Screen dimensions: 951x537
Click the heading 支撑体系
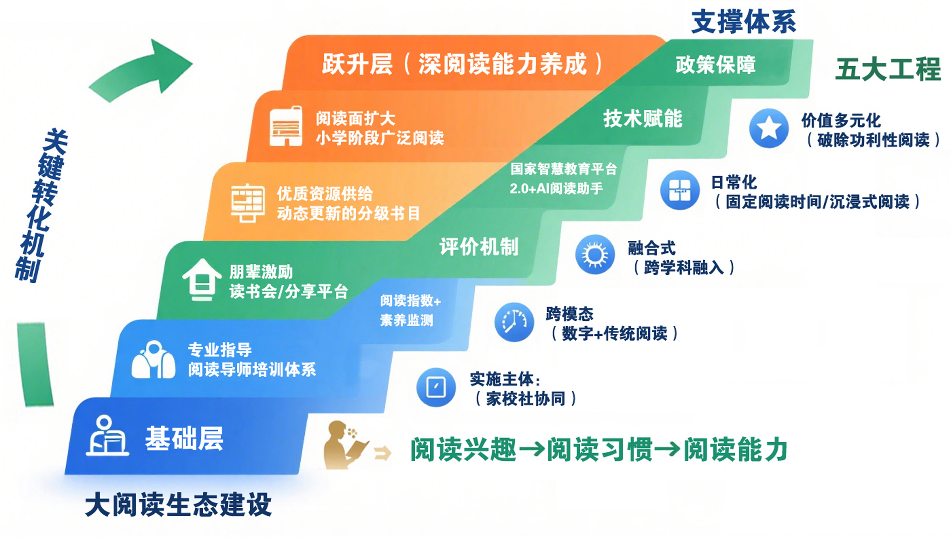point(743,22)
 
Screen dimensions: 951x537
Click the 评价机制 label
point(479,246)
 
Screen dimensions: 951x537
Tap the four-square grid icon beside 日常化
point(680,190)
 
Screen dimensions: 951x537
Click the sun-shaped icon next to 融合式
point(595,254)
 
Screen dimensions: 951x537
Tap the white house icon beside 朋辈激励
point(202,279)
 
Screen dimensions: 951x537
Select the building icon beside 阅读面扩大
point(286,126)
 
